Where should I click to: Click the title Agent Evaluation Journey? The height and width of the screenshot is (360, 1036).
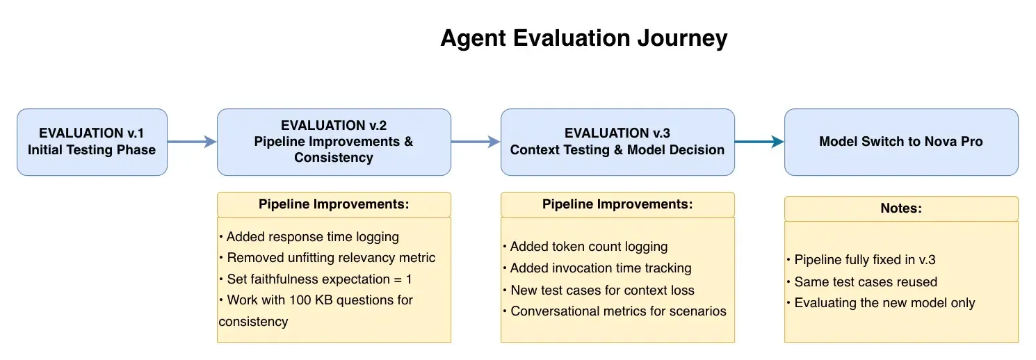point(583,38)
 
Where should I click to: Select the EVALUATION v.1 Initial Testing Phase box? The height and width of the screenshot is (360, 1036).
point(92,142)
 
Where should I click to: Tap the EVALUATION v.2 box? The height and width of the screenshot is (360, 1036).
point(334,142)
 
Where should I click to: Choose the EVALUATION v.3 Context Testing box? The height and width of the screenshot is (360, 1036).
point(617,142)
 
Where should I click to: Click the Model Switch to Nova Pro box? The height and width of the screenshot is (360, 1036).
point(900,142)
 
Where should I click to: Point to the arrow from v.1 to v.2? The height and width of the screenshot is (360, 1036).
point(192,142)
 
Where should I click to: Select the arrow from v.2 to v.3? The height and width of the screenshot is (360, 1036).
point(476,142)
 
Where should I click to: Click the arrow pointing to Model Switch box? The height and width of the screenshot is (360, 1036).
point(759,142)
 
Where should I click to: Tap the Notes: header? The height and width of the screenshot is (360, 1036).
point(900,208)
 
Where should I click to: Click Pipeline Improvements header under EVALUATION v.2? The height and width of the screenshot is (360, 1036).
point(334,204)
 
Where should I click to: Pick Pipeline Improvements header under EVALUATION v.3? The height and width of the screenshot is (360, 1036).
point(617,204)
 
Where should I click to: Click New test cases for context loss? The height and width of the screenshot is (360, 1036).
point(602,290)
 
